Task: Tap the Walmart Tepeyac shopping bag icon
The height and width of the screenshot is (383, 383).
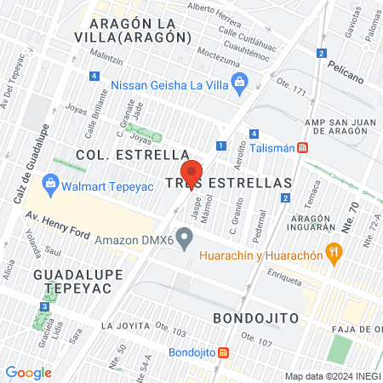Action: [50, 182]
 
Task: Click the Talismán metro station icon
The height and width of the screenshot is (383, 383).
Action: [315, 146]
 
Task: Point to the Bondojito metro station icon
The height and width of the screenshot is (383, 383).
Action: [223, 352]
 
